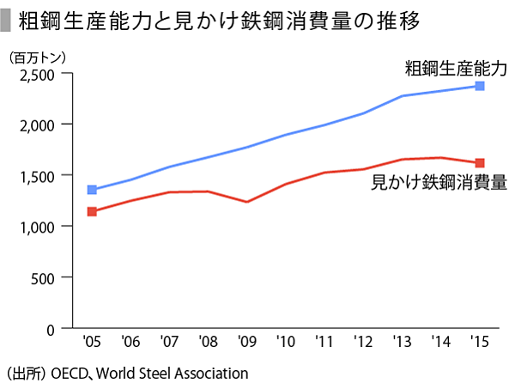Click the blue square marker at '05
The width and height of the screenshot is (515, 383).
click(93, 190)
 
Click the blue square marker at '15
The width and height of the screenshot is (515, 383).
click(480, 86)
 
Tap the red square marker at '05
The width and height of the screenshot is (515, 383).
click(93, 211)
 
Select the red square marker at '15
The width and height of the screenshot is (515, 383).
click(480, 162)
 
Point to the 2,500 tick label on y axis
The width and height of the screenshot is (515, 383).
click(37, 74)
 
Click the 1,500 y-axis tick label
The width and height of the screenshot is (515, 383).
click(37, 175)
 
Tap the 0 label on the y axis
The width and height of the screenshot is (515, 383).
click(51, 328)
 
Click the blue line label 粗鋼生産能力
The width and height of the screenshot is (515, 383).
click(457, 67)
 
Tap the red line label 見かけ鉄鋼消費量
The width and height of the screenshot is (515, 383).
click(438, 182)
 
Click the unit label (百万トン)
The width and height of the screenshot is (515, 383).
click(36, 58)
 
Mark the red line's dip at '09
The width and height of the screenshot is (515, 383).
click(247, 202)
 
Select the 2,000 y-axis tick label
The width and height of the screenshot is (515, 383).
click(37, 125)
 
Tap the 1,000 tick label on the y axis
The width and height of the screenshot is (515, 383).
click(37, 227)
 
